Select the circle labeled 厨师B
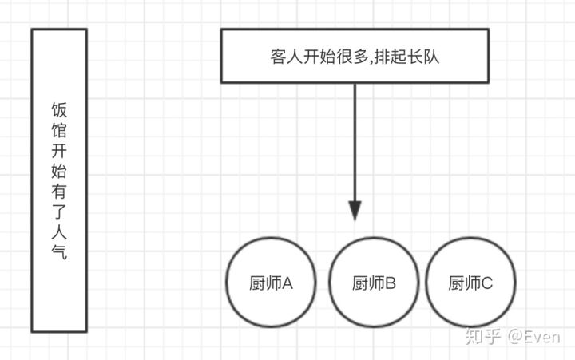(375, 283)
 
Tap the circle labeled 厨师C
(471, 283)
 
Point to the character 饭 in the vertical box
(59, 109)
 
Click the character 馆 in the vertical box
(59, 130)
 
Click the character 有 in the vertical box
(59, 192)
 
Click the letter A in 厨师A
(288, 283)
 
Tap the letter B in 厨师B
(391, 283)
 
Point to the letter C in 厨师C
(487, 283)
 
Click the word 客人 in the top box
(285, 57)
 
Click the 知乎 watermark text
(483, 338)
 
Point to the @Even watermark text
(533, 338)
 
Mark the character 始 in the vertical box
(59, 171)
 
